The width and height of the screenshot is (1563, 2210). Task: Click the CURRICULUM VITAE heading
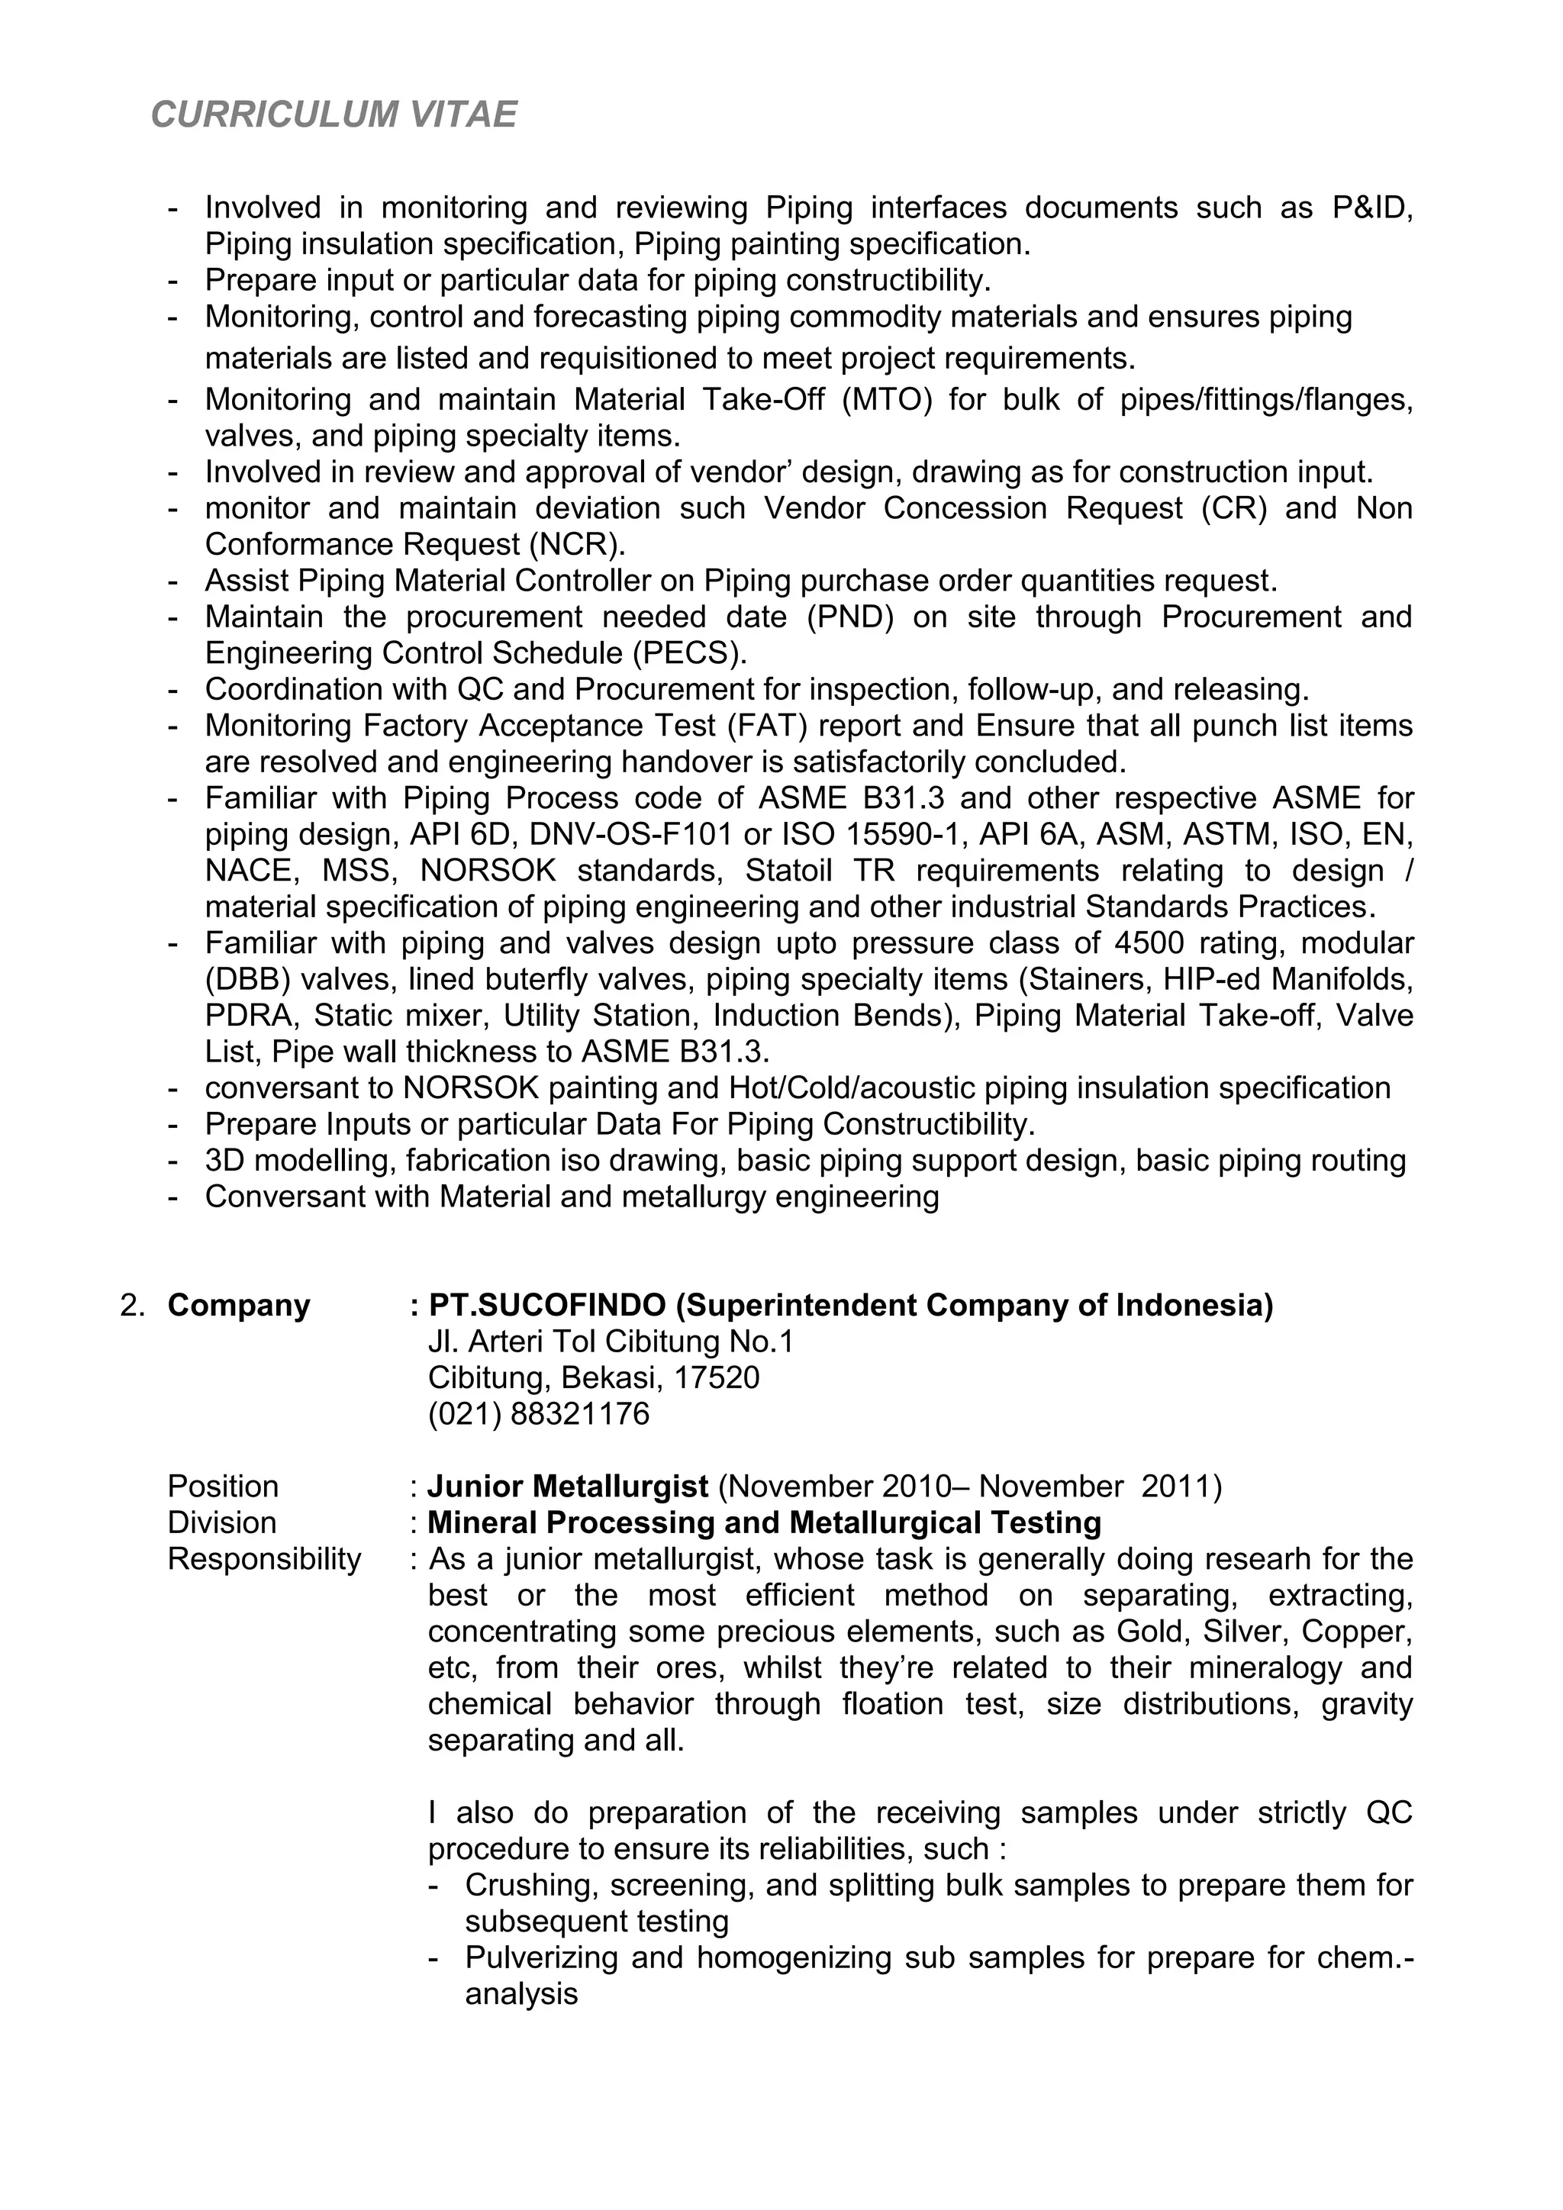[x=334, y=115]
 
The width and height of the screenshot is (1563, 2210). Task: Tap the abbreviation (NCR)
[x=576, y=545]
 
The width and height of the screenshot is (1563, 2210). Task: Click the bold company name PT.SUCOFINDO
[x=546, y=1306]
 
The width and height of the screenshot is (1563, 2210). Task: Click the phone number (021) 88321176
[x=539, y=1414]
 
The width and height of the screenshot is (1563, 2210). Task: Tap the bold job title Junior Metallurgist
[x=568, y=1487]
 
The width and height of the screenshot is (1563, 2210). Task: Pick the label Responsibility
[x=265, y=1559]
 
